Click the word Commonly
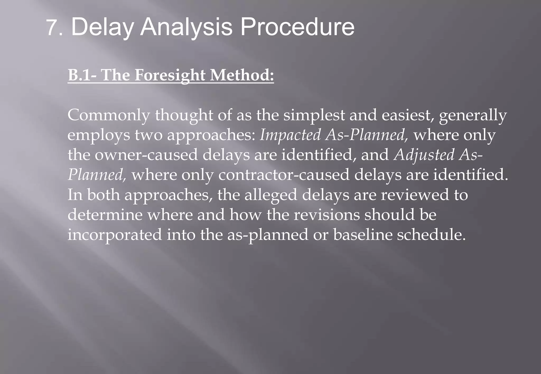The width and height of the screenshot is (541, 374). pos(109,116)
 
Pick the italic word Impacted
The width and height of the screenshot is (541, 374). pos(290,135)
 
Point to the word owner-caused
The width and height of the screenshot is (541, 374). pos(146,155)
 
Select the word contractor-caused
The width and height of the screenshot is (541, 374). pos(284,175)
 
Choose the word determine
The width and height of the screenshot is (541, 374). pos(105,215)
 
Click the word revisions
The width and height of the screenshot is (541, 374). pos(327,215)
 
